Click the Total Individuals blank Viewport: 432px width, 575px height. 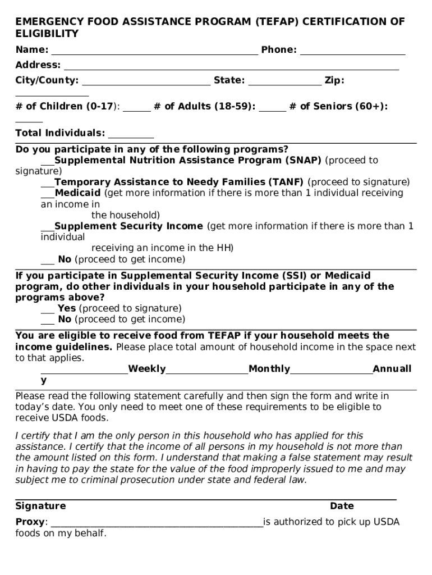131,135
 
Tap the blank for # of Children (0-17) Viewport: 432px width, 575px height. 137,108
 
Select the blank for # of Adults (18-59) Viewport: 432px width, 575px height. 273,108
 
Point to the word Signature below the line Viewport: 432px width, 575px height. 40,506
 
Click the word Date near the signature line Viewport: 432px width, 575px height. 342,506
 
